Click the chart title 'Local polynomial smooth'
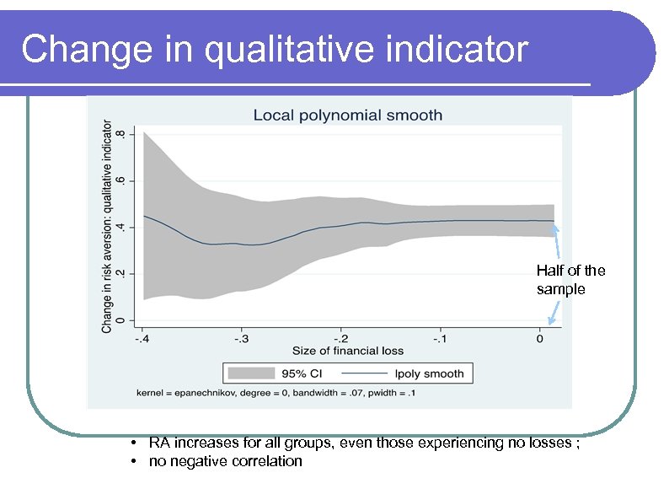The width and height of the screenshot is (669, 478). pyautogui.click(x=347, y=115)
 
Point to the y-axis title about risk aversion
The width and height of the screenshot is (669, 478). pyautogui.click(x=107, y=227)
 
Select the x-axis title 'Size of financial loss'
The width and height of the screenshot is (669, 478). pyautogui.click(x=348, y=351)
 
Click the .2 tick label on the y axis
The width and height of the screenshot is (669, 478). pyautogui.click(x=120, y=273)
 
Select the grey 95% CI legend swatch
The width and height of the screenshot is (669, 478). pyautogui.click(x=251, y=373)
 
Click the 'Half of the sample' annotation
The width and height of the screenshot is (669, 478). pyautogui.click(x=570, y=280)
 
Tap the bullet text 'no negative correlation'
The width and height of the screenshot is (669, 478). pyautogui.click(x=225, y=461)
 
